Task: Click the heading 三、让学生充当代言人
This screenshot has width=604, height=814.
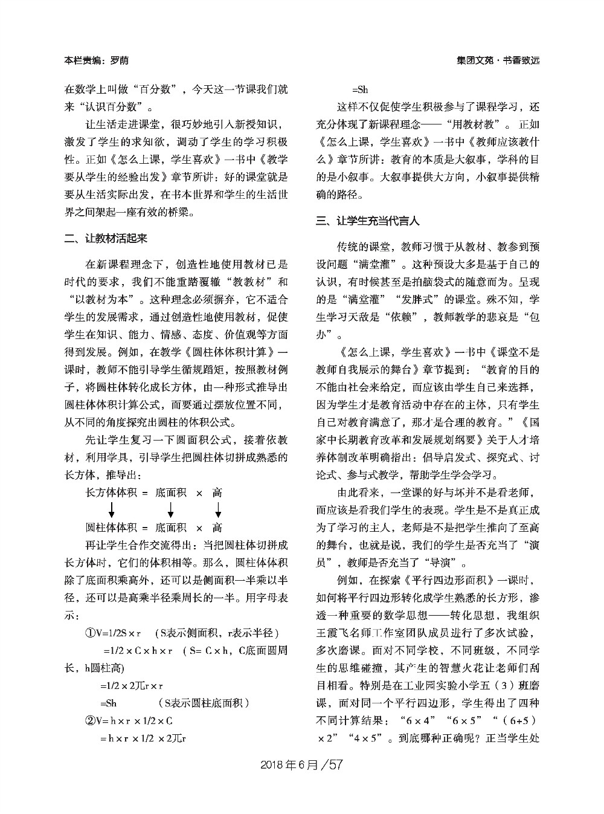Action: click(x=368, y=221)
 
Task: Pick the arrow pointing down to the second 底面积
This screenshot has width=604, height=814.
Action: click(x=171, y=509)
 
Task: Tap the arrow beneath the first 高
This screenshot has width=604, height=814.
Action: click(x=218, y=509)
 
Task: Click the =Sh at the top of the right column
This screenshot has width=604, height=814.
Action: click(x=360, y=90)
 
